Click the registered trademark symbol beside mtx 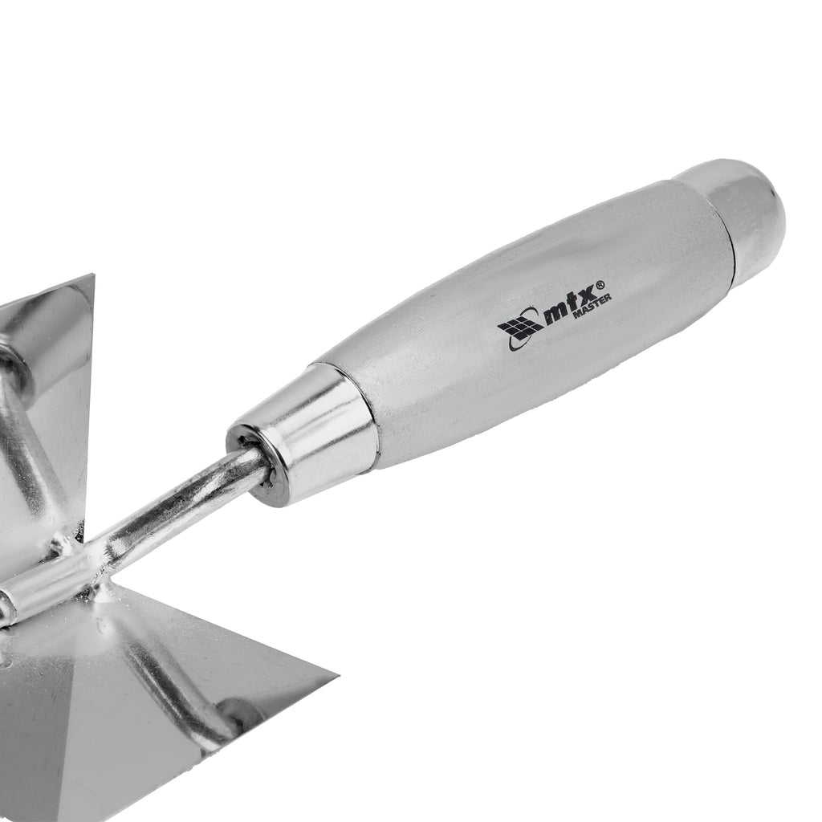600,285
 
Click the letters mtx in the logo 569,305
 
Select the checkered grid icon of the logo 520,328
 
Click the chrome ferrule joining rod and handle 303,435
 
